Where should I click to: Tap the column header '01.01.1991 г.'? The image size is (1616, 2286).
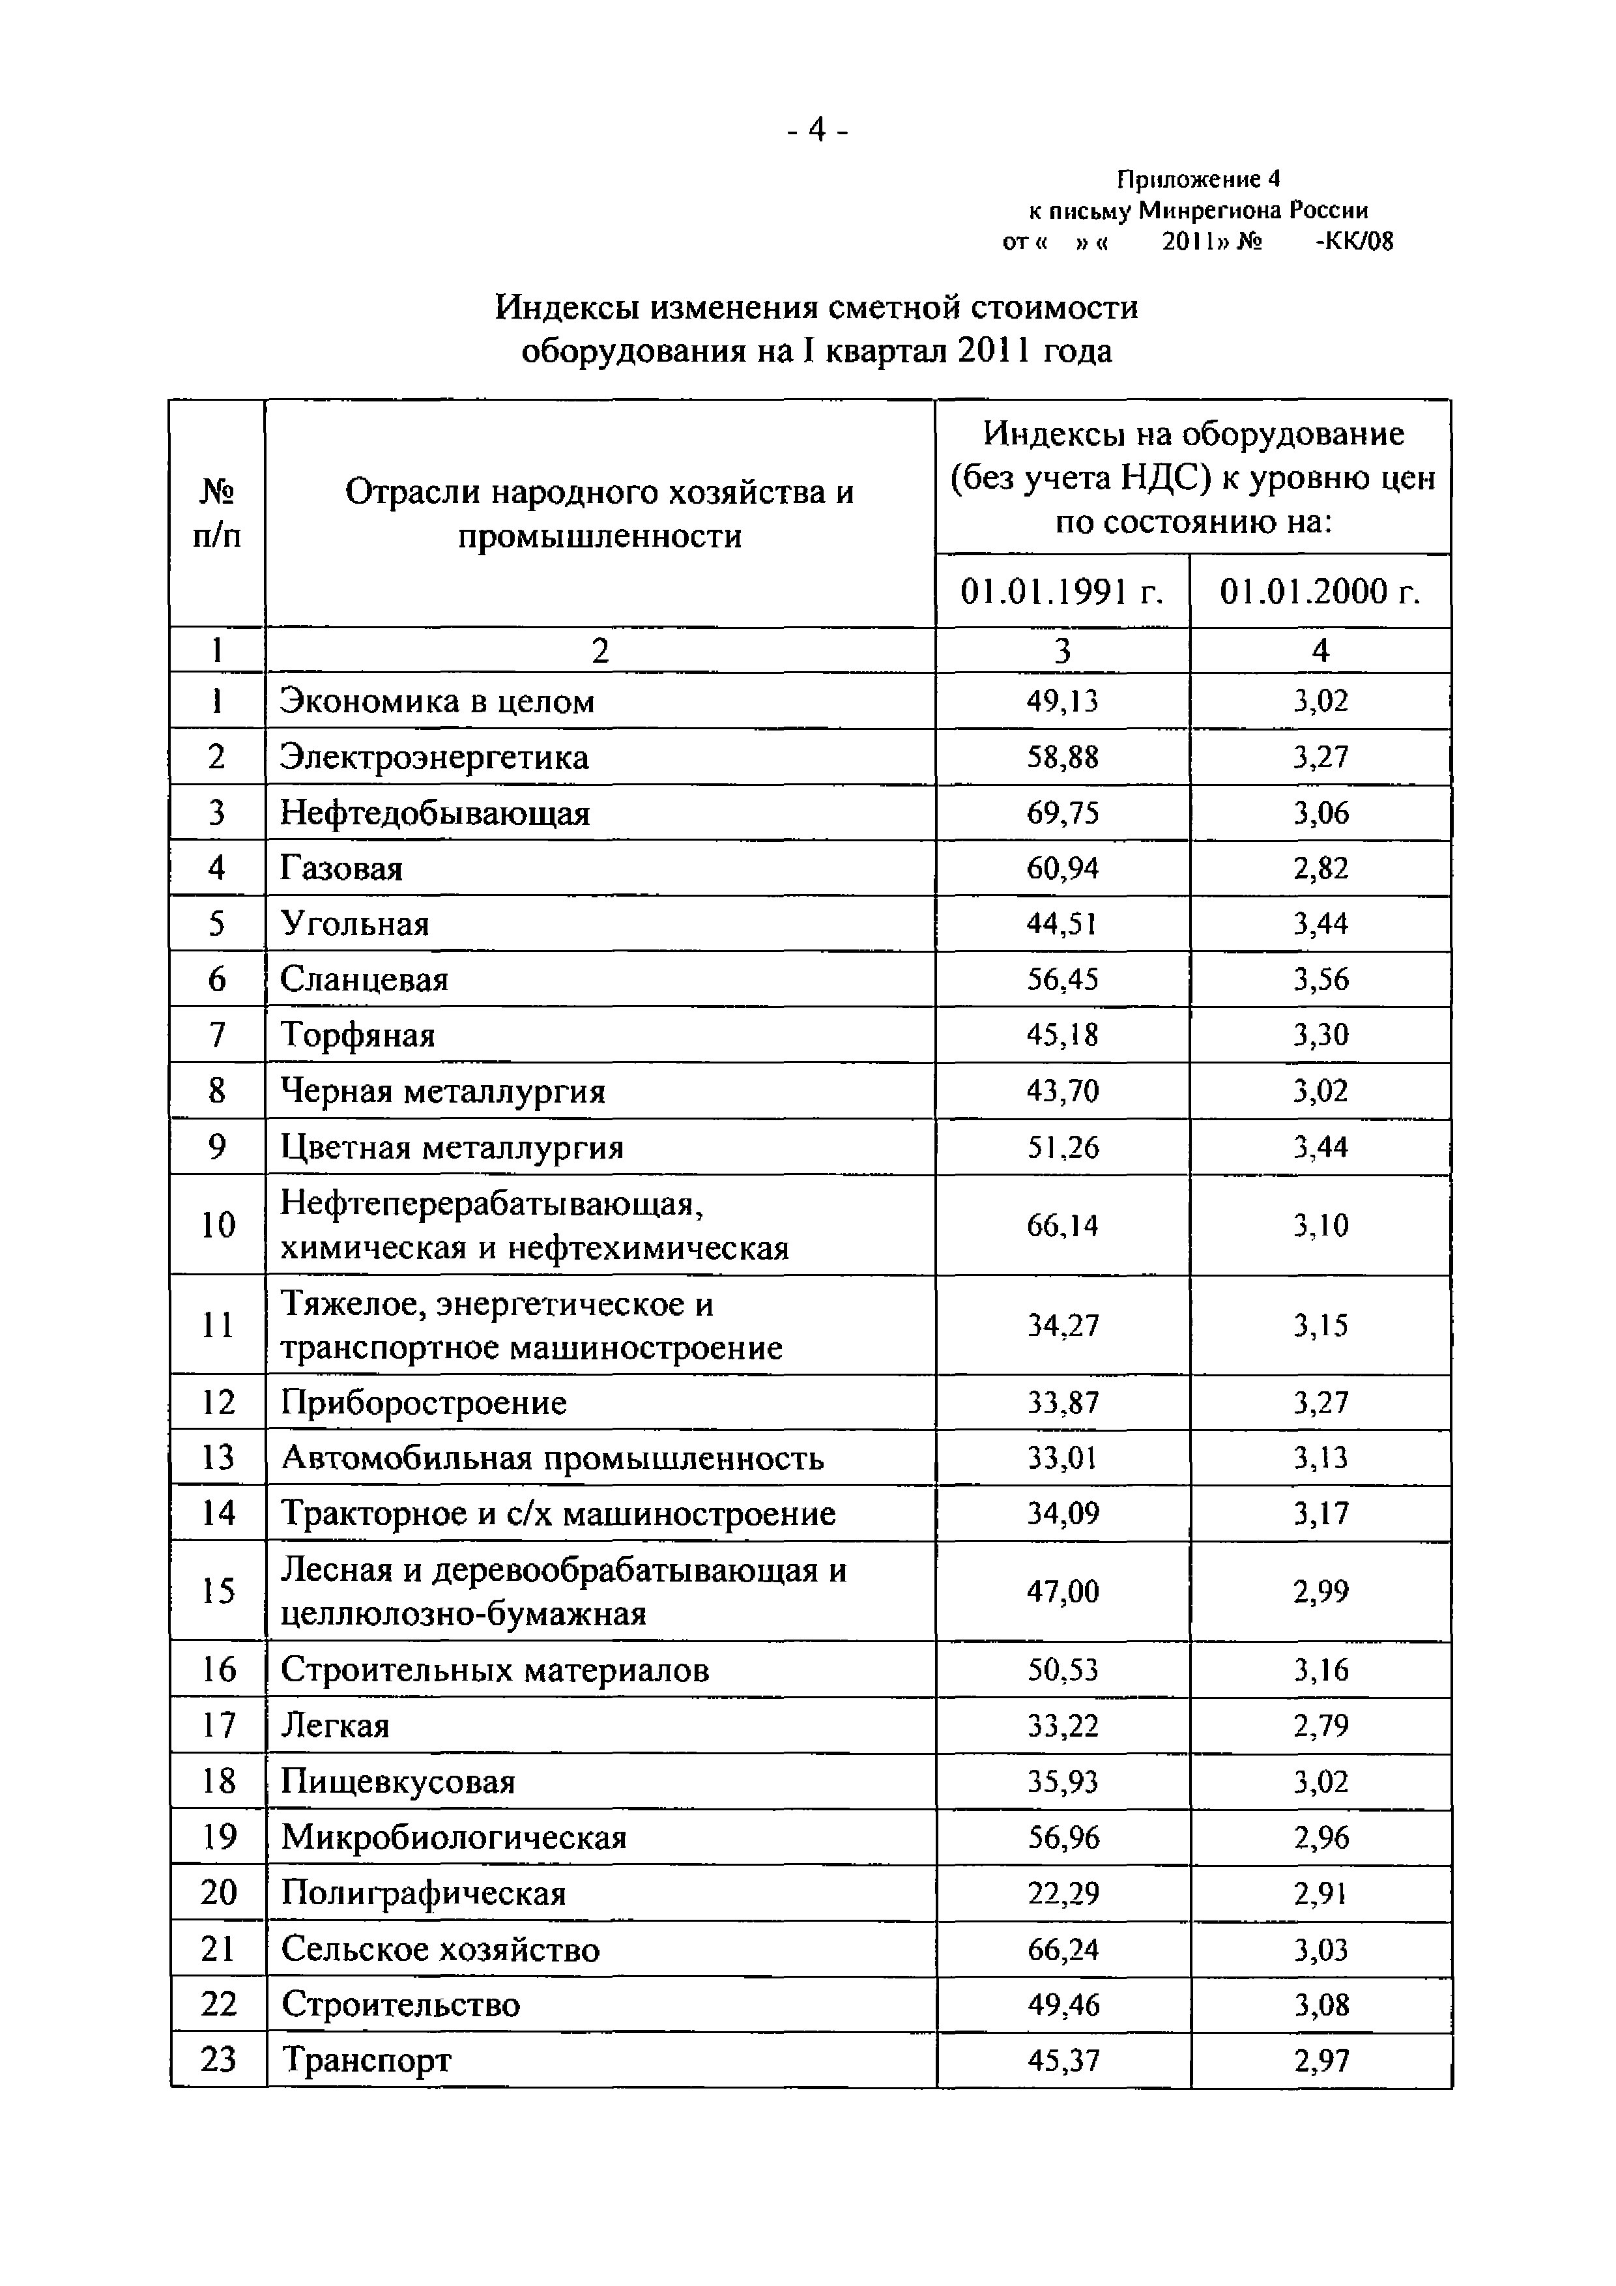1061,592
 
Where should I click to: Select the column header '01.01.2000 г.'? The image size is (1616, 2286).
1320,592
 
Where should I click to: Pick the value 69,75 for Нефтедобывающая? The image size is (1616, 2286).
1062,813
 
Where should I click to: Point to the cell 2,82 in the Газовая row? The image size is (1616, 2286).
1320,868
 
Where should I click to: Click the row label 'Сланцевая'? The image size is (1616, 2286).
364,979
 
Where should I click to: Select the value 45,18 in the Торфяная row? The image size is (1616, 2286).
1062,1035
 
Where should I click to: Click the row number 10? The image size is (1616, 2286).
217,1224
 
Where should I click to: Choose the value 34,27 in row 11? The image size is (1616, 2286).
1062,1325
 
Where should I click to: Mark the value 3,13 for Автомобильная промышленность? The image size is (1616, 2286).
1320,1458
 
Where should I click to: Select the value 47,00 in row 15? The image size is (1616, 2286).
1062,1591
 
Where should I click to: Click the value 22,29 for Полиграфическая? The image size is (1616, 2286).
1062,1892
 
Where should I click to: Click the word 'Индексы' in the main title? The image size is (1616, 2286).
566,308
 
